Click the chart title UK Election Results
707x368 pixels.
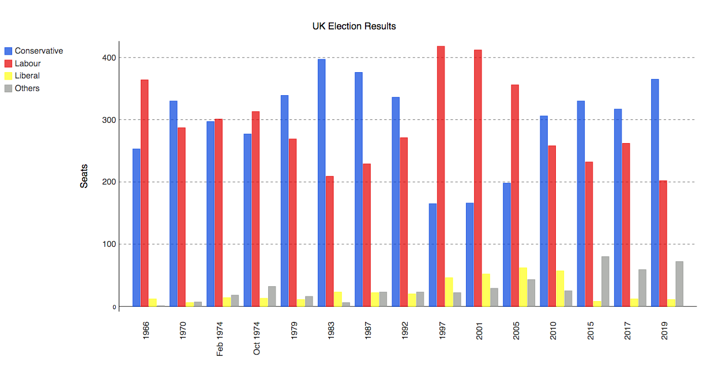(x=354, y=26)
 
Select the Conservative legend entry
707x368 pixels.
(x=39, y=51)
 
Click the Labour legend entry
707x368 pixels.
(x=28, y=63)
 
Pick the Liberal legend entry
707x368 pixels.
(x=27, y=76)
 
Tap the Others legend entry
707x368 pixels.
(x=27, y=88)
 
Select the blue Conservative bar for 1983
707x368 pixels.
(x=321, y=182)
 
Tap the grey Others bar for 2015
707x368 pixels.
(x=606, y=281)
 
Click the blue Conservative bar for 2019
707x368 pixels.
(x=655, y=193)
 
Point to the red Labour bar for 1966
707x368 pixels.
(x=145, y=193)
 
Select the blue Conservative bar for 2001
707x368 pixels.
(x=469, y=254)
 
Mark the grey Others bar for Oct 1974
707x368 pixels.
(x=272, y=296)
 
